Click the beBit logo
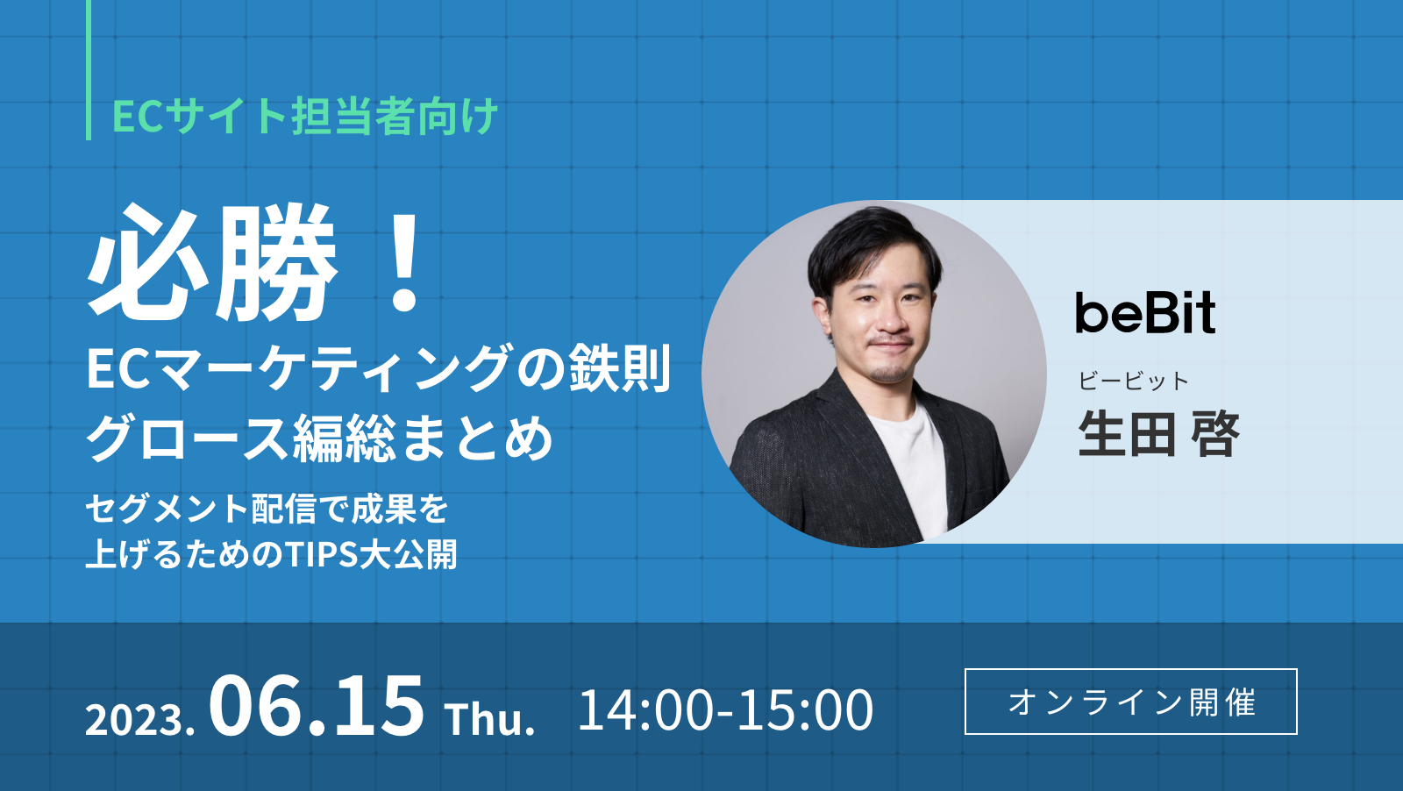(x=1145, y=313)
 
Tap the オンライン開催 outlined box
(x=1130, y=702)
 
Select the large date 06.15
(x=316, y=707)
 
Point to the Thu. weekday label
(x=489, y=720)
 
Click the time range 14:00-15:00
(x=725, y=709)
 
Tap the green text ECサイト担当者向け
(x=305, y=116)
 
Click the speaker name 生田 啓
(x=1157, y=434)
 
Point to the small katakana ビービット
(x=1133, y=381)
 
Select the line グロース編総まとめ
(x=319, y=438)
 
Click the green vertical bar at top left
(x=89, y=70)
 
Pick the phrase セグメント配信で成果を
(x=267, y=509)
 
